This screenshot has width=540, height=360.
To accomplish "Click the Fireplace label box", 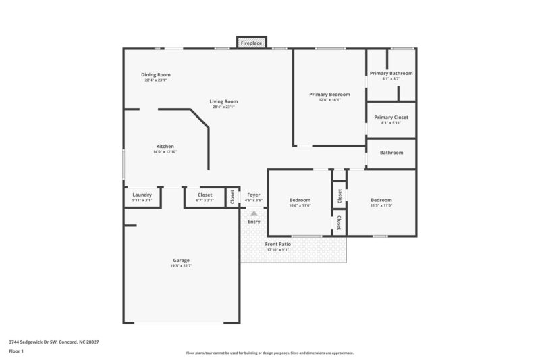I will (x=252, y=43).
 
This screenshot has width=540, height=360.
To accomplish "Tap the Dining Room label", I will (x=155, y=74).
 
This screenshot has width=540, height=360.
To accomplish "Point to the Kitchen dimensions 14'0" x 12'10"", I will (x=165, y=152).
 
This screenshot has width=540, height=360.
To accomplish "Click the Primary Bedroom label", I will (x=329, y=94).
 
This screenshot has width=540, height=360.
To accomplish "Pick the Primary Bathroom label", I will (x=391, y=73).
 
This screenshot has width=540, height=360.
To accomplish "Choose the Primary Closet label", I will (x=391, y=117).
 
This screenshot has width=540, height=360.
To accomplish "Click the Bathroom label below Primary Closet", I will (x=391, y=153).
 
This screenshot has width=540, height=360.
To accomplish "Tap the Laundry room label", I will (x=142, y=195).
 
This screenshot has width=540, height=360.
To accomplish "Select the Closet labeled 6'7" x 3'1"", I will (x=204, y=201).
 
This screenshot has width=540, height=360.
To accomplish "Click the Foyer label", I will (x=254, y=195).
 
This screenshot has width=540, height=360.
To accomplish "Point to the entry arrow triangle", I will (x=254, y=213).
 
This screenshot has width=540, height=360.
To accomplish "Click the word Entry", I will (x=254, y=222).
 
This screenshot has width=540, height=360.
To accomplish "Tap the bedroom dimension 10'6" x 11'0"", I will (x=300, y=205).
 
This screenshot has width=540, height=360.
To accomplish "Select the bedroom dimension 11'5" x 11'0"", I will (x=381, y=205).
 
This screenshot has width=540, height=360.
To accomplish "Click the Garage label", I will (x=181, y=260).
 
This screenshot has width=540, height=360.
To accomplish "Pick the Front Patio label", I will (x=277, y=244).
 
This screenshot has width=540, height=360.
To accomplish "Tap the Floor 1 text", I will (x=16, y=351).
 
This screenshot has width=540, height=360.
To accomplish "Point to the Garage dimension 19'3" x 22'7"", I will (x=181, y=265).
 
